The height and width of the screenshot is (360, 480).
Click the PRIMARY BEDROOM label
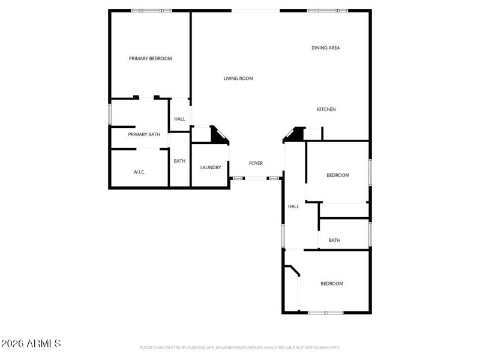(x=151, y=59)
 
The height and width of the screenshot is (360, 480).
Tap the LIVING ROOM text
(x=238, y=79)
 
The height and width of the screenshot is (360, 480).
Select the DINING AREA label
(x=326, y=48)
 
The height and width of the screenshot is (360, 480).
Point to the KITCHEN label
(x=326, y=109)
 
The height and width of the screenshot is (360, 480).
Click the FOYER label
(x=256, y=163)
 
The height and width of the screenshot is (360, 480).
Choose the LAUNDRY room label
(x=211, y=167)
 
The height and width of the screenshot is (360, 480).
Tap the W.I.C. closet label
(x=139, y=172)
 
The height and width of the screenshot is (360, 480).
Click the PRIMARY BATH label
(x=144, y=134)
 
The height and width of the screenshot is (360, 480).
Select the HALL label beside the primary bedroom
(x=179, y=119)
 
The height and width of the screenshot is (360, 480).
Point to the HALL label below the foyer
(x=293, y=206)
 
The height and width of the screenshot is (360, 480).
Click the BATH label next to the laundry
(x=179, y=161)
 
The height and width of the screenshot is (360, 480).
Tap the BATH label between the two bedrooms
(x=334, y=241)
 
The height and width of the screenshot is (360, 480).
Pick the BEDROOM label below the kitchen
(x=338, y=175)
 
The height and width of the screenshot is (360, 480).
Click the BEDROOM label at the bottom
(x=332, y=284)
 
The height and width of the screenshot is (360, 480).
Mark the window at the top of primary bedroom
(x=151, y=10)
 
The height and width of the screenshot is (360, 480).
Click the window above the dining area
(x=327, y=10)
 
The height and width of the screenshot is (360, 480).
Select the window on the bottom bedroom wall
(x=326, y=313)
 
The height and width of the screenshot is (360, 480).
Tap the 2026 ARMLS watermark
(x=31, y=344)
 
